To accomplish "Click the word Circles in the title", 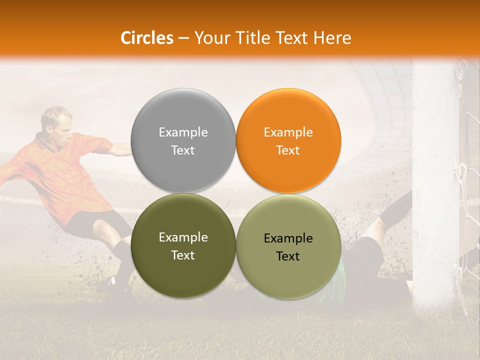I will coord(146,38).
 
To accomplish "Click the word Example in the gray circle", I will coord(183,132).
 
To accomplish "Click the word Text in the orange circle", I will coord(287,150).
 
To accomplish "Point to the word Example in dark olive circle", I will coord(183,237).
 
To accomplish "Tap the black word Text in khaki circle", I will coord(287,256).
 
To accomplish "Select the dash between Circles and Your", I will coord(183,38).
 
